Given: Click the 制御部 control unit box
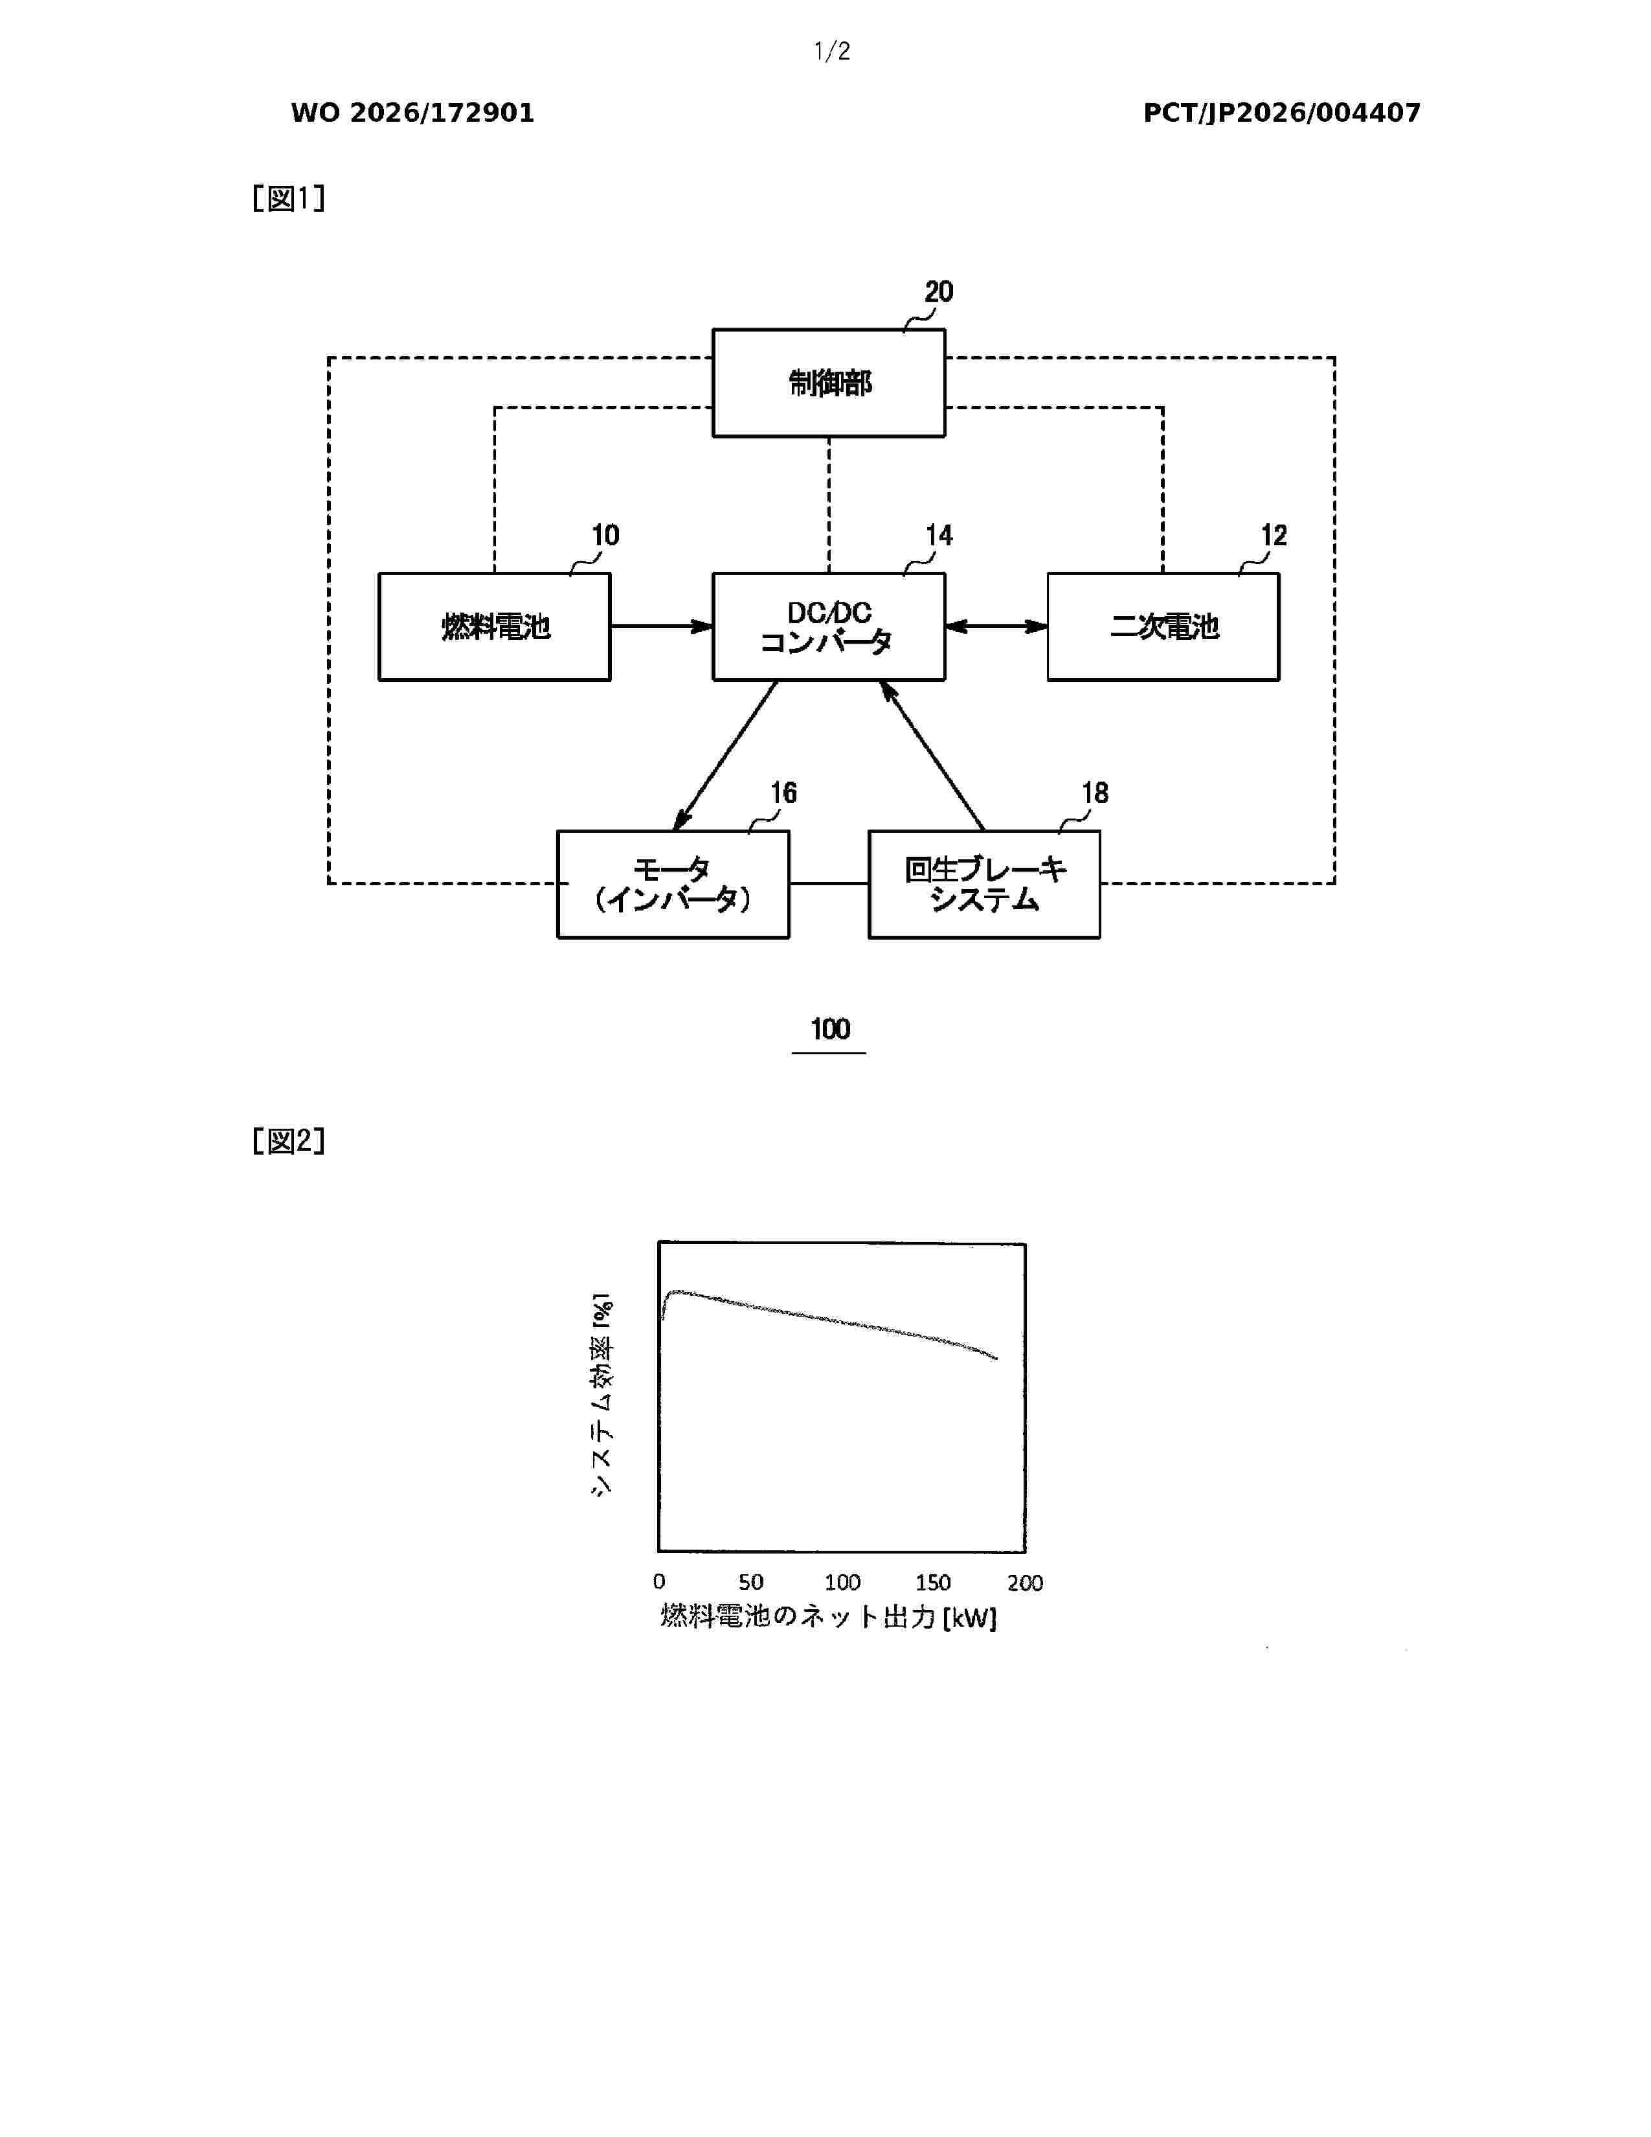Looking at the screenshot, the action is (829, 383).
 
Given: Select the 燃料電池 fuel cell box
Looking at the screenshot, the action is (495, 626).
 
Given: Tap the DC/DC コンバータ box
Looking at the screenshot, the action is (829, 626).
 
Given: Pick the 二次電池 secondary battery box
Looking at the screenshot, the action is (1163, 626).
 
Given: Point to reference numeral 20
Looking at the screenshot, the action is (939, 291).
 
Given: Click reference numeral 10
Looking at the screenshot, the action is (605, 536).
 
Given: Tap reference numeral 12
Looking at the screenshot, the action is (1274, 536).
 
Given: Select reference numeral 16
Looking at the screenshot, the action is (783, 793).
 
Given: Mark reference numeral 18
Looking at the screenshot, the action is (1094, 793).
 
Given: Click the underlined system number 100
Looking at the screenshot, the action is (829, 1030).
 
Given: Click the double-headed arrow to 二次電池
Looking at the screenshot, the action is (996, 626).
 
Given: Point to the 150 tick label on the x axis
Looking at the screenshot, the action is (933, 1582).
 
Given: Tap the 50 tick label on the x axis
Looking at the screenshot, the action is (751, 1582).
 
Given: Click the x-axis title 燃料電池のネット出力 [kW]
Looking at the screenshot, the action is (829, 1616).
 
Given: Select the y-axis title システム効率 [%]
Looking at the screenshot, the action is (601, 1394).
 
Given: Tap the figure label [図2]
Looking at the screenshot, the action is (289, 1141).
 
